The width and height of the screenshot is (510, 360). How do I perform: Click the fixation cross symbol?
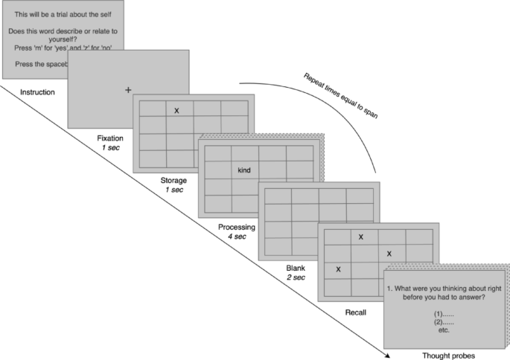(x=128, y=90)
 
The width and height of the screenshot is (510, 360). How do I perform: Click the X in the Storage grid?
(x=176, y=111)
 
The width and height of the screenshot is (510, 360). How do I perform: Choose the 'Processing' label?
(x=236, y=227)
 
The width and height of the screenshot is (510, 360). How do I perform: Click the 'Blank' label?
(x=295, y=267)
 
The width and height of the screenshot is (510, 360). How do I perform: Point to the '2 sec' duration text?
(x=295, y=277)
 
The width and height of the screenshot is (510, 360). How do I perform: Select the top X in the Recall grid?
(x=361, y=237)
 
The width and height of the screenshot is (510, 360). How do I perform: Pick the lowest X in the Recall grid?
(x=338, y=269)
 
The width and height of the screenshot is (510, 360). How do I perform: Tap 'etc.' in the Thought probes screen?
(x=444, y=330)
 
